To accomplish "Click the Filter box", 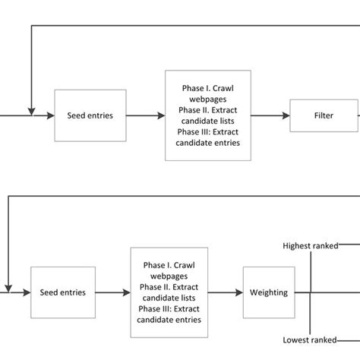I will click(x=324, y=116).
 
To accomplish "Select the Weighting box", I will click(x=267, y=292).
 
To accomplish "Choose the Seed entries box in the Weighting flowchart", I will click(x=62, y=292).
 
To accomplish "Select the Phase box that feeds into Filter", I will click(x=207, y=116).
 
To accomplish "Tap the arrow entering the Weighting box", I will click(x=228, y=292).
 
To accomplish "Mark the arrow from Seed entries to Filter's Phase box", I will click(x=144, y=116).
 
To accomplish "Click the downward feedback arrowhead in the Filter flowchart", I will click(x=30, y=109).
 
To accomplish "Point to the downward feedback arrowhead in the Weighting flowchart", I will click(x=8, y=286).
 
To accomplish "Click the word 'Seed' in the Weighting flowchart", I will click(x=49, y=292).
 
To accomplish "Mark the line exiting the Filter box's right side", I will click(x=358, y=116).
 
